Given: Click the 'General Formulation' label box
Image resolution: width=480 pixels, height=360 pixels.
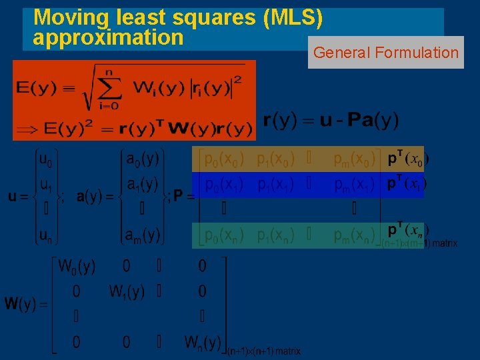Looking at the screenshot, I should pyautogui.click(x=386, y=53).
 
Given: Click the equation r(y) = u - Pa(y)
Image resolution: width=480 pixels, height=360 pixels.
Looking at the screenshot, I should pyautogui.click(x=331, y=121).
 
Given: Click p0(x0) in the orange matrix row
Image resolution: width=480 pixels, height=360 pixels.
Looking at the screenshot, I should pyautogui.click(x=224, y=160).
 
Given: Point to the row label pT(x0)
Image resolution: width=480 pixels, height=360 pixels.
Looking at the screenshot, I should pyautogui.click(x=408, y=159).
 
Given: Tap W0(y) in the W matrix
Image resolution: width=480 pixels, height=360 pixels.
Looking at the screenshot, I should pyautogui.click(x=77, y=267).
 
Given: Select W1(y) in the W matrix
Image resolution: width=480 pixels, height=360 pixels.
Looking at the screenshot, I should pyautogui.click(x=127, y=291).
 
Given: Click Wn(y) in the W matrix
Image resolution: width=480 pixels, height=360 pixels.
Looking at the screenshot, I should pyautogui.click(x=203, y=343).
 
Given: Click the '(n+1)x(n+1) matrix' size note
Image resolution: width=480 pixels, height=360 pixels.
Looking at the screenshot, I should pyautogui.click(x=264, y=351).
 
